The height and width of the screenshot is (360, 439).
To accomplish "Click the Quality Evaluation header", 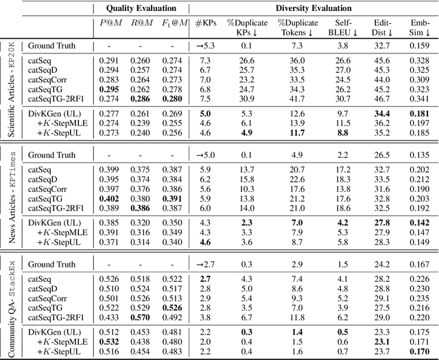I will [142, 8].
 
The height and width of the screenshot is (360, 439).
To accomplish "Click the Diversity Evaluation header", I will [313, 8].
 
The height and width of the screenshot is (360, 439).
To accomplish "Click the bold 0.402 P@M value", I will [112, 198].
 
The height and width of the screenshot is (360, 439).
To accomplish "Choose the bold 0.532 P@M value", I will [112, 341].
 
